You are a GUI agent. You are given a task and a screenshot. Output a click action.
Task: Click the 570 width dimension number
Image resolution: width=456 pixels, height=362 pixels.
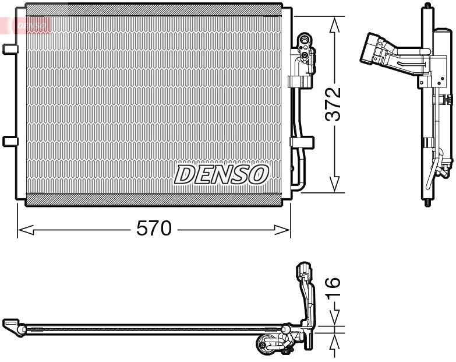click(154, 229)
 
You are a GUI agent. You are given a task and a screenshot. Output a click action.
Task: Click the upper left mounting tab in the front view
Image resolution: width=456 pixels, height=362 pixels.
click(9, 49)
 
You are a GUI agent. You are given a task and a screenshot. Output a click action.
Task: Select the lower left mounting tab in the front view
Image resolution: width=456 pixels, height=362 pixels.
click(9, 140)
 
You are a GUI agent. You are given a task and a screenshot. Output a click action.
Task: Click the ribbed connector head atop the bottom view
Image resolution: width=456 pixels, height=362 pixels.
click(305, 271)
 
